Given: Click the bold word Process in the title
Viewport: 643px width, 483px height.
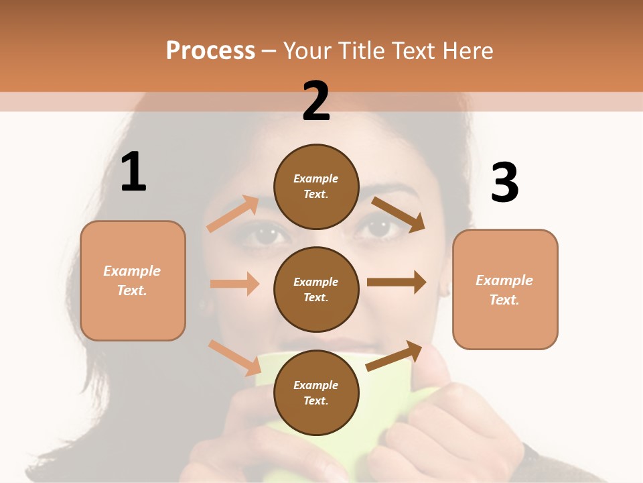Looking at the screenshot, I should coord(210,51).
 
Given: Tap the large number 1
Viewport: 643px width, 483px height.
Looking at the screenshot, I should coord(133,172).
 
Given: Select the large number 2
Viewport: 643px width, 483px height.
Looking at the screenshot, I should coord(316,101).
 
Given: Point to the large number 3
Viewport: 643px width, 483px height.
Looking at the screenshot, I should coord(504,183).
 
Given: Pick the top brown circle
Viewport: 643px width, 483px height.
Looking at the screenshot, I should coord(316,186).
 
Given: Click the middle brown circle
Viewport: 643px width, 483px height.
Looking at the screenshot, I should coord(316,289).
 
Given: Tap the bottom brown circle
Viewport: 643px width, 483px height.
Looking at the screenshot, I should coord(316,392).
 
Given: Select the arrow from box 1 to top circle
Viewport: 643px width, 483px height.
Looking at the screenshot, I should coord(232,214).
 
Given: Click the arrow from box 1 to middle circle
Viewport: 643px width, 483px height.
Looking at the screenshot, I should coord(234,284).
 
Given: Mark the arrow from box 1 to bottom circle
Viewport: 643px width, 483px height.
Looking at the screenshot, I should coord(234,357).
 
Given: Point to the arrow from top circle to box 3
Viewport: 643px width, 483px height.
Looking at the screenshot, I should coord(399,215).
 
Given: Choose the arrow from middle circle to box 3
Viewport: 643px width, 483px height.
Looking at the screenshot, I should coord(397,282).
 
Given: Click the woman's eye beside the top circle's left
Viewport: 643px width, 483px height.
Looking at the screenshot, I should coord(267,234).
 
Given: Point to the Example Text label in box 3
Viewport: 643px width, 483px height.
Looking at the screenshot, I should coord(504,290).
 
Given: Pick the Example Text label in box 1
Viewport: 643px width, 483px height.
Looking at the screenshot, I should coord(132,280).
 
